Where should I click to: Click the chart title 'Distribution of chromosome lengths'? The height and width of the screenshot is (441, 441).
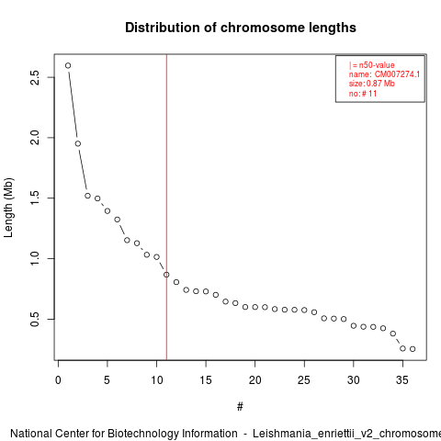click(241, 28)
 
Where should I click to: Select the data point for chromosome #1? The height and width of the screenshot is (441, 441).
click(68, 65)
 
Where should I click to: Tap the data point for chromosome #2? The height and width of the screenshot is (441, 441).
click(78, 143)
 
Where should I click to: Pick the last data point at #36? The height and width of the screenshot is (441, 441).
click(413, 349)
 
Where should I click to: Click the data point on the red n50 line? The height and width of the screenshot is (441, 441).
click(166, 275)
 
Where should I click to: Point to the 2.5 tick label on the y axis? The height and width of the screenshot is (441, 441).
click(35, 77)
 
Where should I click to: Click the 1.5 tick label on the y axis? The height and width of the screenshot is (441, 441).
click(35, 198)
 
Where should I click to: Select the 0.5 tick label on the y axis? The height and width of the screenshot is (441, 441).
click(35, 319)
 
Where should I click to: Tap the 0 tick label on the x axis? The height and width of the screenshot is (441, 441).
click(58, 380)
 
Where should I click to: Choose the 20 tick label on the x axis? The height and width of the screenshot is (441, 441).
click(254, 380)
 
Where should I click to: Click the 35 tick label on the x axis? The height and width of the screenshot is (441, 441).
click(402, 380)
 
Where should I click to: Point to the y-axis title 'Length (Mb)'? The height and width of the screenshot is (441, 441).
click(8, 208)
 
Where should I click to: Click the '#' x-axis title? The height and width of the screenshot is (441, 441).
click(240, 407)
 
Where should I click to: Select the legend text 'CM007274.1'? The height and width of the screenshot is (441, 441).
click(397, 74)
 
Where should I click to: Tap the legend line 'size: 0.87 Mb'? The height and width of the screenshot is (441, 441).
click(372, 84)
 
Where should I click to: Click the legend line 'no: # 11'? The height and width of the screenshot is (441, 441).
click(363, 94)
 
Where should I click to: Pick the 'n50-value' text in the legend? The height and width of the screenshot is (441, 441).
click(377, 65)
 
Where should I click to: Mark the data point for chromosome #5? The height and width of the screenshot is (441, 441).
click(107, 210)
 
